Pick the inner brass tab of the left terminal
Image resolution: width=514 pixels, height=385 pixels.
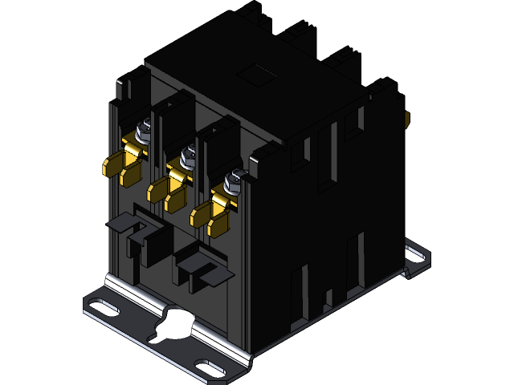point(130,171)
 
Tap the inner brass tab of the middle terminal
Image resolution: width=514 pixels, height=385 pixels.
point(173,197)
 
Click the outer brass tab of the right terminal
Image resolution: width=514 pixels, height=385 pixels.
point(199,213)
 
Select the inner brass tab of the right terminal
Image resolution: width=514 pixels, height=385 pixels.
point(217,221)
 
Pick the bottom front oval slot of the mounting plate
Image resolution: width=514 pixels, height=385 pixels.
point(211,368)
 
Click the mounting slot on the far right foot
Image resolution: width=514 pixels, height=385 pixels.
point(417,254)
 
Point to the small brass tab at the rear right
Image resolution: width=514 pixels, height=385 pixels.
point(408,120)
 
